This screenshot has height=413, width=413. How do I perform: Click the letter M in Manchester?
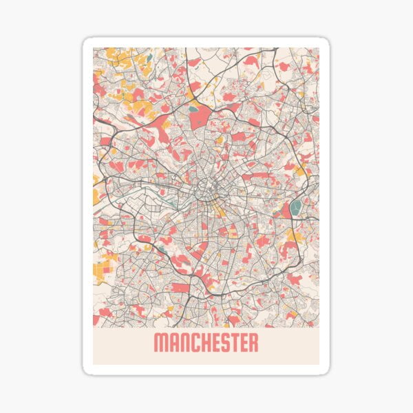pyautogui.click(x=160, y=342)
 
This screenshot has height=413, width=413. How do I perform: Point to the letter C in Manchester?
pyautogui.click(x=192, y=342)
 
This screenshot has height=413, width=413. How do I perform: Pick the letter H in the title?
pyautogui.click(x=202, y=342)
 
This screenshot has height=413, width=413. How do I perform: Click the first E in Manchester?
pyautogui.click(x=213, y=342)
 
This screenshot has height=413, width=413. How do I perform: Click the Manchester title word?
pyautogui.click(x=206, y=342)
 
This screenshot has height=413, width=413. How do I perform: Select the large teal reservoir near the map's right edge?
pyautogui.click(x=296, y=206)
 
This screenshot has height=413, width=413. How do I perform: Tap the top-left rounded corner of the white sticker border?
pyautogui.click(x=87, y=42)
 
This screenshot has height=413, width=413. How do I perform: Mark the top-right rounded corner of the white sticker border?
pyautogui.click(x=325, y=42)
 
